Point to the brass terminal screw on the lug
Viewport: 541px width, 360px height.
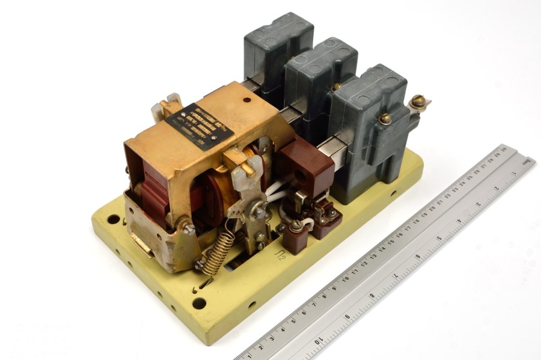click(x=417, y=101)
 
